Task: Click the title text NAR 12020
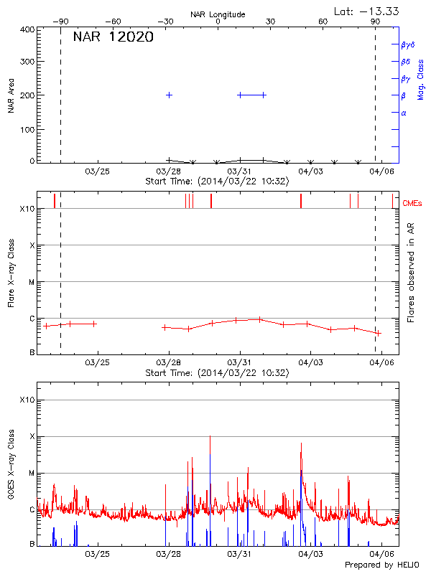(113, 37)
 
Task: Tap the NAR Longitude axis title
(218, 14)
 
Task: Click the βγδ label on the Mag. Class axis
(407, 44)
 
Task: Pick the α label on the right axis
(404, 113)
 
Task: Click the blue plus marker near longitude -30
(170, 95)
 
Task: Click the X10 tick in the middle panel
(27, 209)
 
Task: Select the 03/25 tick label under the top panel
(98, 171)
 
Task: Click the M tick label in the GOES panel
(32, 473)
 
